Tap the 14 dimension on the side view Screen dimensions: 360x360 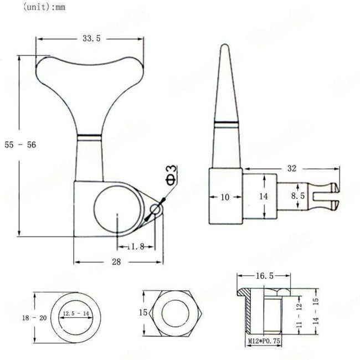[264, 197]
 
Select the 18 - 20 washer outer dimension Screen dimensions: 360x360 [18, 318]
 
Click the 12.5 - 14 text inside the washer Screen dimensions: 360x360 [75, 313]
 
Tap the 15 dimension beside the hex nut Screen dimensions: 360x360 [143, 313]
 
